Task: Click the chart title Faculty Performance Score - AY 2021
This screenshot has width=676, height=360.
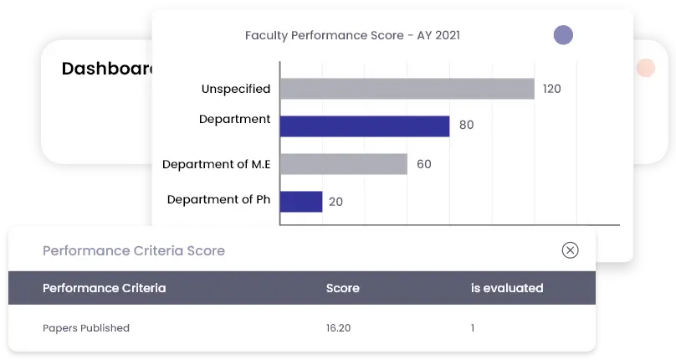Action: click(351, 35)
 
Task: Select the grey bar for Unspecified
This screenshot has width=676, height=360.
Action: click(407, 89)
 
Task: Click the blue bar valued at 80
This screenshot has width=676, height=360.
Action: click(365, 126)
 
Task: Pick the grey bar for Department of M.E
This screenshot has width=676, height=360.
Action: click(343, 164)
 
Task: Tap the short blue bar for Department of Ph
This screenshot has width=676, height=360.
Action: click(301, 201)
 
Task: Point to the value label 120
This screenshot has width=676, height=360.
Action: click(551, 89)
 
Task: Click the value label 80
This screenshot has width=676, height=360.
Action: click(466, 126)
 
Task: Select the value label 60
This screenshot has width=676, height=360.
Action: click(423, 164)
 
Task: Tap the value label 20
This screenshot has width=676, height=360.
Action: click(335, 202)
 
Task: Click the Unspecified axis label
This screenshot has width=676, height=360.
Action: click(235, 89)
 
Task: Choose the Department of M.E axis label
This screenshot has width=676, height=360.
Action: click(216, 164)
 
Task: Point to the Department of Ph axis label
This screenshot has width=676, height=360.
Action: click(218, 199)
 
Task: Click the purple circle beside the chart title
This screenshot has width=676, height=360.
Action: click(563, 35)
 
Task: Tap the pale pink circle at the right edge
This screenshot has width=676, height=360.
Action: click(645, 69)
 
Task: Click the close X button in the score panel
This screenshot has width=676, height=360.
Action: click(570, 250)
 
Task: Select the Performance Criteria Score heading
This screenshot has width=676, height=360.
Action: click(133, 250)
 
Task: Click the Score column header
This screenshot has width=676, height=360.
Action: click(342, 288)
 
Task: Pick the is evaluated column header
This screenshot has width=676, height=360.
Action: click(506, 288)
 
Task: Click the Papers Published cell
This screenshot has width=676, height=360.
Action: click(85, 328)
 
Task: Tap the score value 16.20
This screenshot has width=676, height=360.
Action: click(338, 328)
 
